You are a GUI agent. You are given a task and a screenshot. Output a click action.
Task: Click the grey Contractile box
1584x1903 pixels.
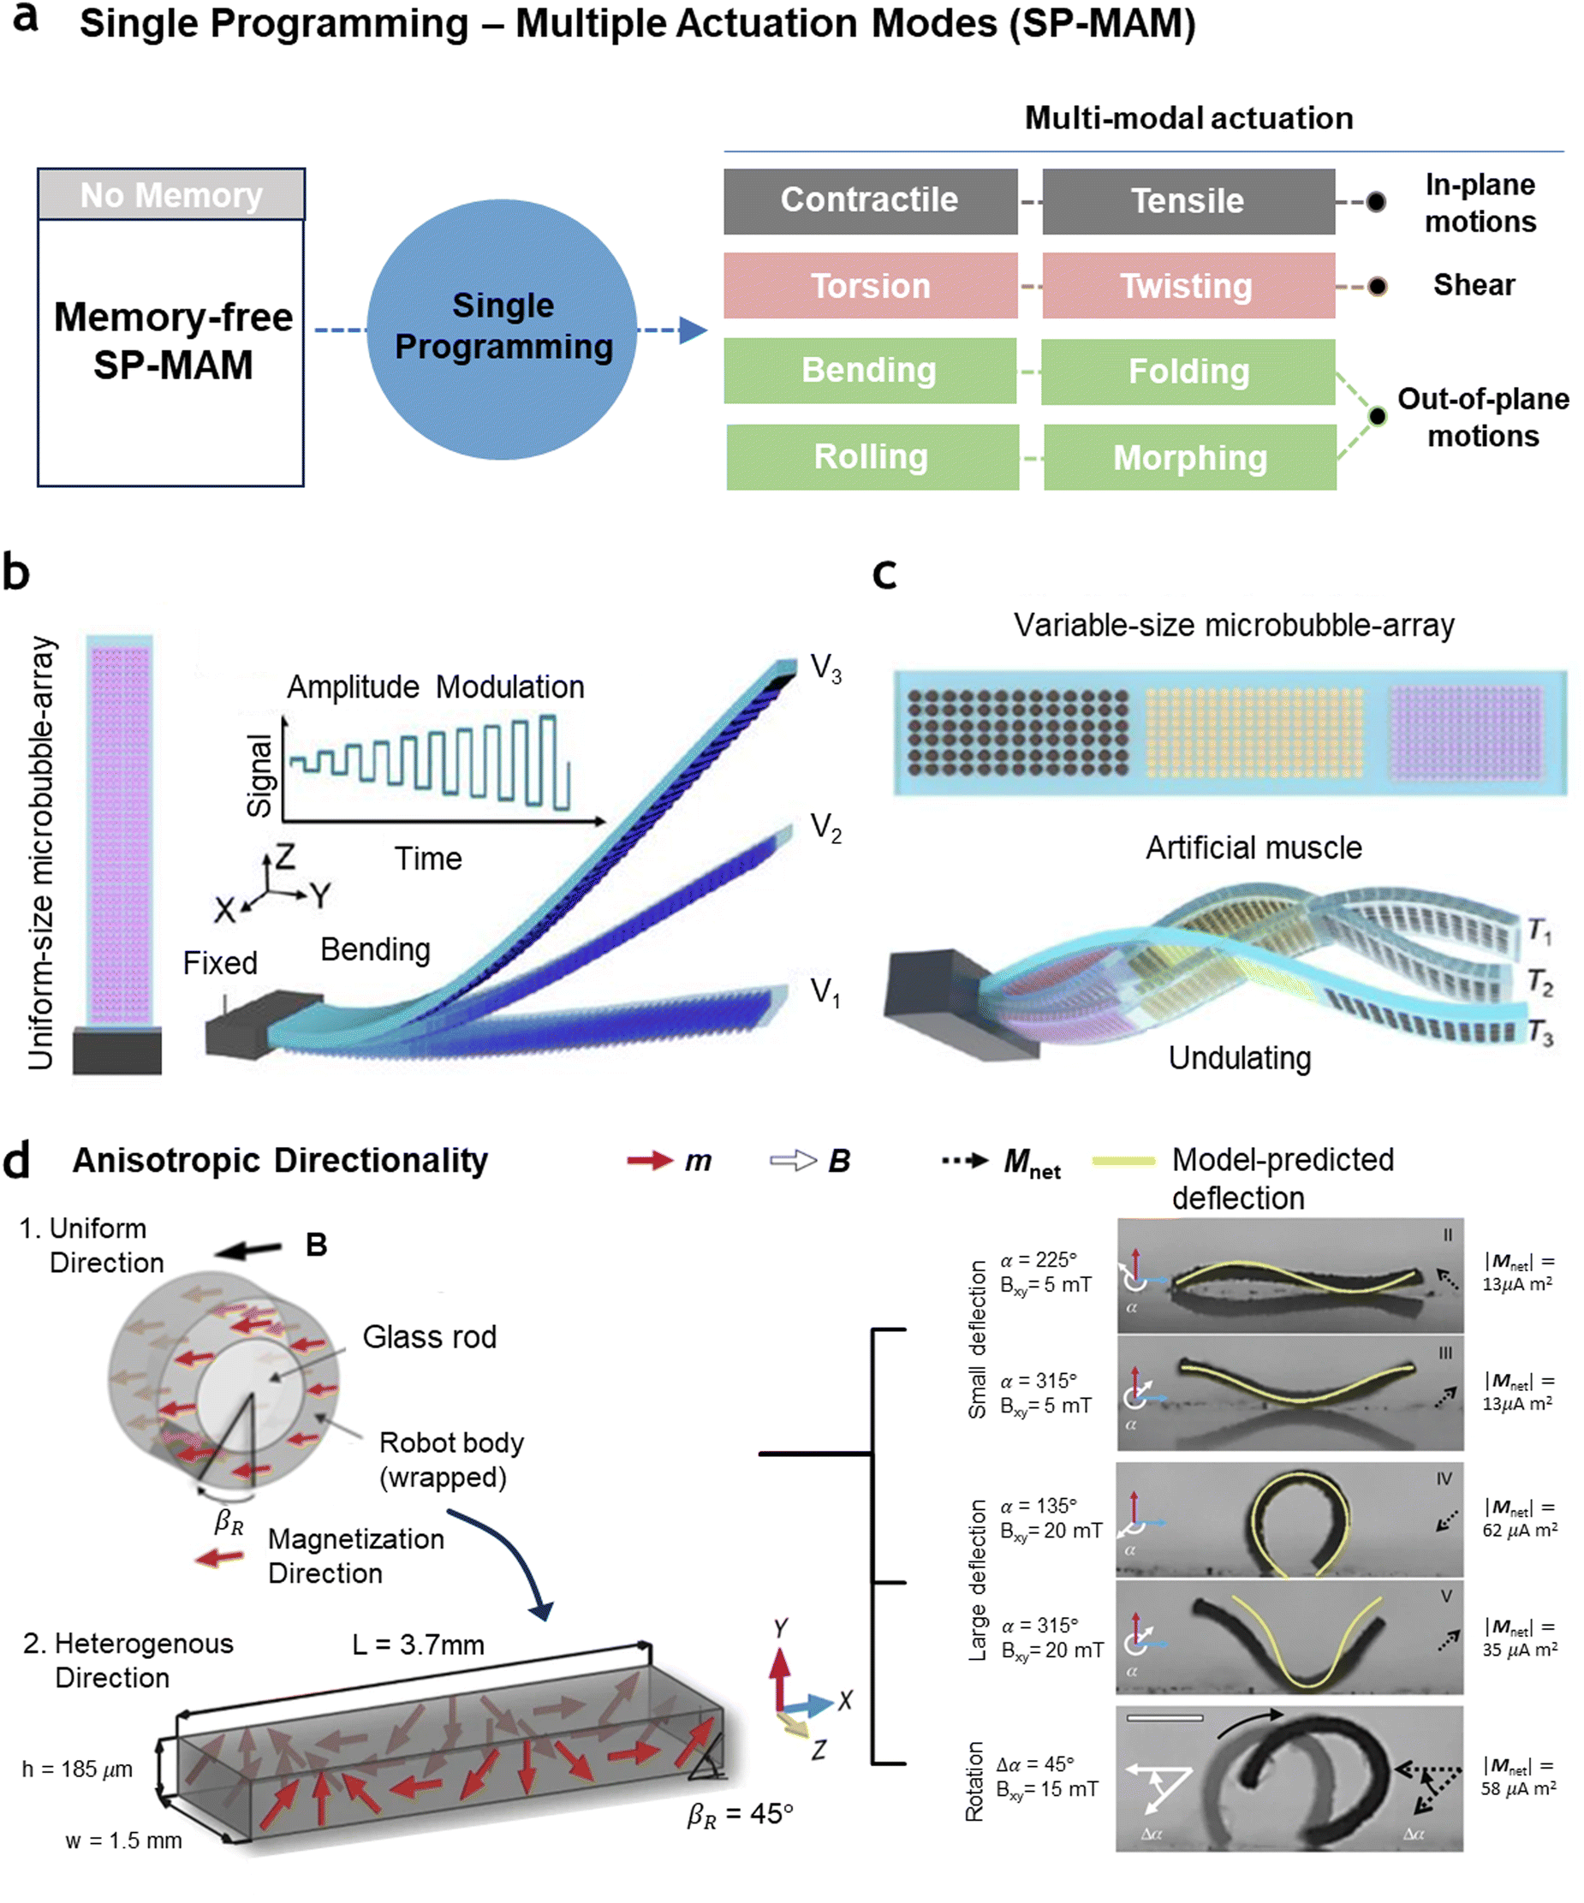pos(870,201)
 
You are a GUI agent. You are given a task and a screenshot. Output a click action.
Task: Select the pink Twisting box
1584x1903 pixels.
pos(1188,285)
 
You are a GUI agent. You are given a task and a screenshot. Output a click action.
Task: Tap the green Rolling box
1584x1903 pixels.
pos(872,458)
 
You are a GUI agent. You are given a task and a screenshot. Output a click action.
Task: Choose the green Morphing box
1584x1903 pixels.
pos(1190,458)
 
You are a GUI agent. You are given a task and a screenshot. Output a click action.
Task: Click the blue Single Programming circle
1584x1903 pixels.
pos(502,329)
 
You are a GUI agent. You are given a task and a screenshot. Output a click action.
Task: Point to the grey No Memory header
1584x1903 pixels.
pos(171,194)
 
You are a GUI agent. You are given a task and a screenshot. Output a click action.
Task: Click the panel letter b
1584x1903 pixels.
pos(16,572)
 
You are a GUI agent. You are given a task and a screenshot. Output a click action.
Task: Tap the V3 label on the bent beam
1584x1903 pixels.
pos(825,669)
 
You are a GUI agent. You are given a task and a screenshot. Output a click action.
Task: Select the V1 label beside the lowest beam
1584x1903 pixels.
pos(825,992)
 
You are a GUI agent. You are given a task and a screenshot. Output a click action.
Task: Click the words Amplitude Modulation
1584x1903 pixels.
pos(436,687)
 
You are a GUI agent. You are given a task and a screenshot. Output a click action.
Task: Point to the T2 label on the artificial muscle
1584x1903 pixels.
pos(1540,981)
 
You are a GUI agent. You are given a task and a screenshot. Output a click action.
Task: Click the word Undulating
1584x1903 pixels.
pos(1240,1058)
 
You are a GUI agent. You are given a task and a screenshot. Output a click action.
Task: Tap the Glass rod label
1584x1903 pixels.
pos(430,1336)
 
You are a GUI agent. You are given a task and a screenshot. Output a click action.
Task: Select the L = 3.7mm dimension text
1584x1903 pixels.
pos(419,1644)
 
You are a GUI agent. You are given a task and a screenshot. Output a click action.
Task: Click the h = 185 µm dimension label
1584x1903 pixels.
pos(77,1769)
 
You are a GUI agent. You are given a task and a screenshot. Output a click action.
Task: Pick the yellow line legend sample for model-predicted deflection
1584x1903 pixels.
pos(1123,1161)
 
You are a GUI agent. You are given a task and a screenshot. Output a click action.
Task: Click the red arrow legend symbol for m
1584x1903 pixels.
pos(650,1161)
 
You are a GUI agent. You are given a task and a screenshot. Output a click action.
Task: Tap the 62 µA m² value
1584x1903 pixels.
pos(1520,1531)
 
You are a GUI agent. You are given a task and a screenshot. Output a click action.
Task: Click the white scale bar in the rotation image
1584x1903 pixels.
pos(1164,1717)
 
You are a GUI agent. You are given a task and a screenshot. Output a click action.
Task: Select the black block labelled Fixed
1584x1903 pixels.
pos(263,1025)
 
